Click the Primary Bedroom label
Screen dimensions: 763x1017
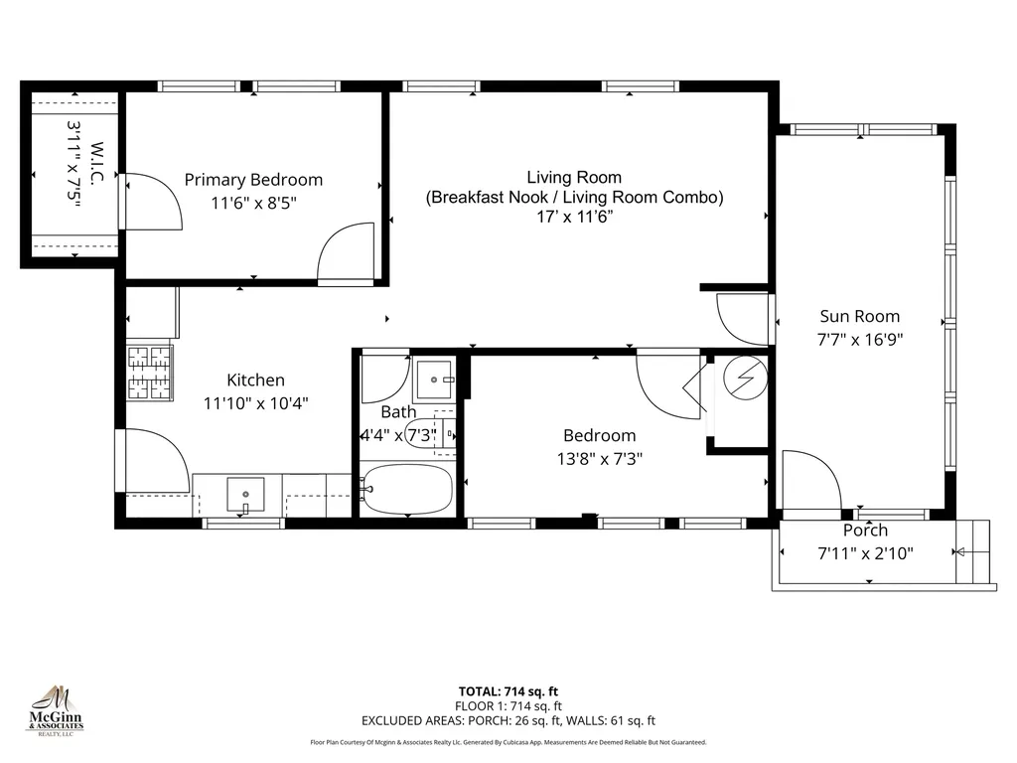[253, 180]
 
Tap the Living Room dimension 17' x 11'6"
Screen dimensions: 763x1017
[574, 217]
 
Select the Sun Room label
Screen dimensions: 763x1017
[859, 317]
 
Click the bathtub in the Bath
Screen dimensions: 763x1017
[408, 488]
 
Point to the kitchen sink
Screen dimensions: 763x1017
[245, 492]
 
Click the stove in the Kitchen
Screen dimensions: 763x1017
[150, 373]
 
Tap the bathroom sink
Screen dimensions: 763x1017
[435, 380]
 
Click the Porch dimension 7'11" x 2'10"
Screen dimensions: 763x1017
[865, 552]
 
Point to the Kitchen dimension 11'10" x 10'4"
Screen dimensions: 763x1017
[255, 403]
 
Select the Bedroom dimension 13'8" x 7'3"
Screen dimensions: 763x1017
[599, 459]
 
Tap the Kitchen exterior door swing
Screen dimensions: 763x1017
[154, 461]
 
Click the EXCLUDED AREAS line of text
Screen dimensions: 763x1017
[508, 721]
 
